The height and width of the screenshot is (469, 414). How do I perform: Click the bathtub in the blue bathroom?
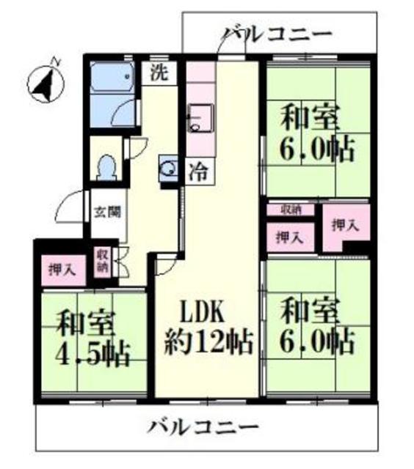[x=111, y=77]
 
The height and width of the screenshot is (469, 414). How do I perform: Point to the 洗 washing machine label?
[x=159, y=73]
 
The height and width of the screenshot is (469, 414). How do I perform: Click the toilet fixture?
[x=107, y=166]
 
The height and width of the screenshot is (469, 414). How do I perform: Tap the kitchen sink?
[x=199, y=117]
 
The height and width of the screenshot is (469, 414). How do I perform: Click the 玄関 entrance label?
[x=103, y=213]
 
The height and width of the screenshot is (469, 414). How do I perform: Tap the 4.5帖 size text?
[x=93, y=355]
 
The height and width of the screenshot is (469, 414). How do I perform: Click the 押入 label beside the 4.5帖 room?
[x=62, y=268]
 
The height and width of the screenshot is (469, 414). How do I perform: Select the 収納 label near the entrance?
[x=101, y=262]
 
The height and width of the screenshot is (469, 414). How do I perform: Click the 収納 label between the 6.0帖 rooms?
[x=291, y=210]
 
